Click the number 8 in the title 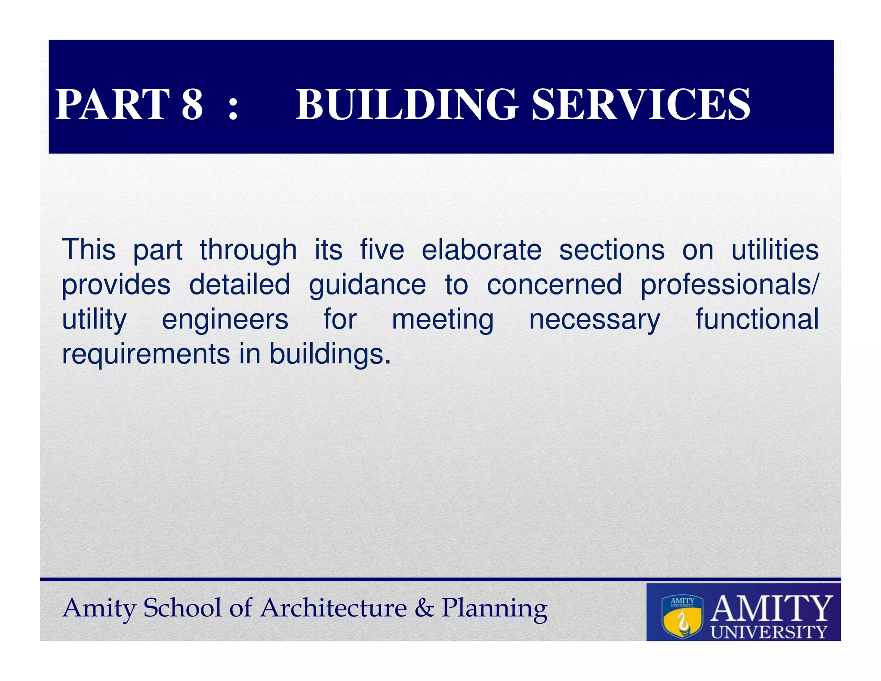(192, 104)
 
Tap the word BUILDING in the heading (407, 104)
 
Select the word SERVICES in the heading (641, 104)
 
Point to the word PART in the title (113, 104)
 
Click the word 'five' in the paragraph (382, 250)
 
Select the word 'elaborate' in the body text (481, 250)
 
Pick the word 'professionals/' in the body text (730, 285)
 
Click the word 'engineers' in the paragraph (225, 320)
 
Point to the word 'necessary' (595, 320)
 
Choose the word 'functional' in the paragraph (757, 319)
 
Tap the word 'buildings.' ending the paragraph (330, 355)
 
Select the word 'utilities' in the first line (775, 250)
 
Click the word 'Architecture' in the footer (334, 608)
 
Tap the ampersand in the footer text (425, 608)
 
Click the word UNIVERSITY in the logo (769, 632)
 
